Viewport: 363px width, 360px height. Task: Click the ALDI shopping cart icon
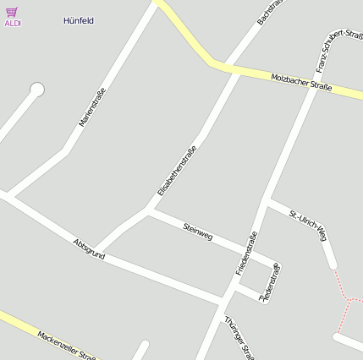click(x=12, y=12)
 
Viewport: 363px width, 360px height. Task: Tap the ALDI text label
click(x=13, y=24)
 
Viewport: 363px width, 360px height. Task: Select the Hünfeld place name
click(x=78, y=19)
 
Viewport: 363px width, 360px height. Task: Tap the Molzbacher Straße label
click(x=300, y=82)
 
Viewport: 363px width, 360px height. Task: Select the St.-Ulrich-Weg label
click(x=307, y=224)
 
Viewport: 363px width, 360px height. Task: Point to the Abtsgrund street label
click(x=90, y=249)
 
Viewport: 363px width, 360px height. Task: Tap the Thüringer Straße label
click(x=239, y=337)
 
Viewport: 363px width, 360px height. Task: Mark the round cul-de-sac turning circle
click(x=36, y=89)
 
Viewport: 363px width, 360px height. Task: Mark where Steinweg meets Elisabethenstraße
click(x=149, y=208)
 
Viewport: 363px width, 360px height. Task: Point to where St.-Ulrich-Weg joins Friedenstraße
click(x=267, y=201)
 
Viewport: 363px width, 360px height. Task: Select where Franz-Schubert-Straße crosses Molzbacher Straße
click(x=316, y=87)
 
